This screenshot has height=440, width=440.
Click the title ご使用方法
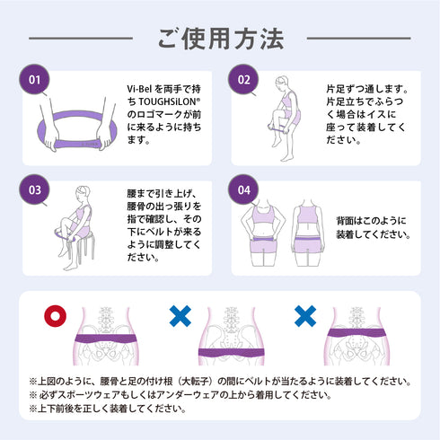220,40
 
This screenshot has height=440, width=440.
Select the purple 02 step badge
244,79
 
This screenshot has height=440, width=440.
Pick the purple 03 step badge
36,189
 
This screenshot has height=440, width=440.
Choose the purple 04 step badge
244,189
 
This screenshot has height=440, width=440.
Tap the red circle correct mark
56,316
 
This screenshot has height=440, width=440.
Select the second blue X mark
305,316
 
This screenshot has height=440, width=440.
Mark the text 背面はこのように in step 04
364,219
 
